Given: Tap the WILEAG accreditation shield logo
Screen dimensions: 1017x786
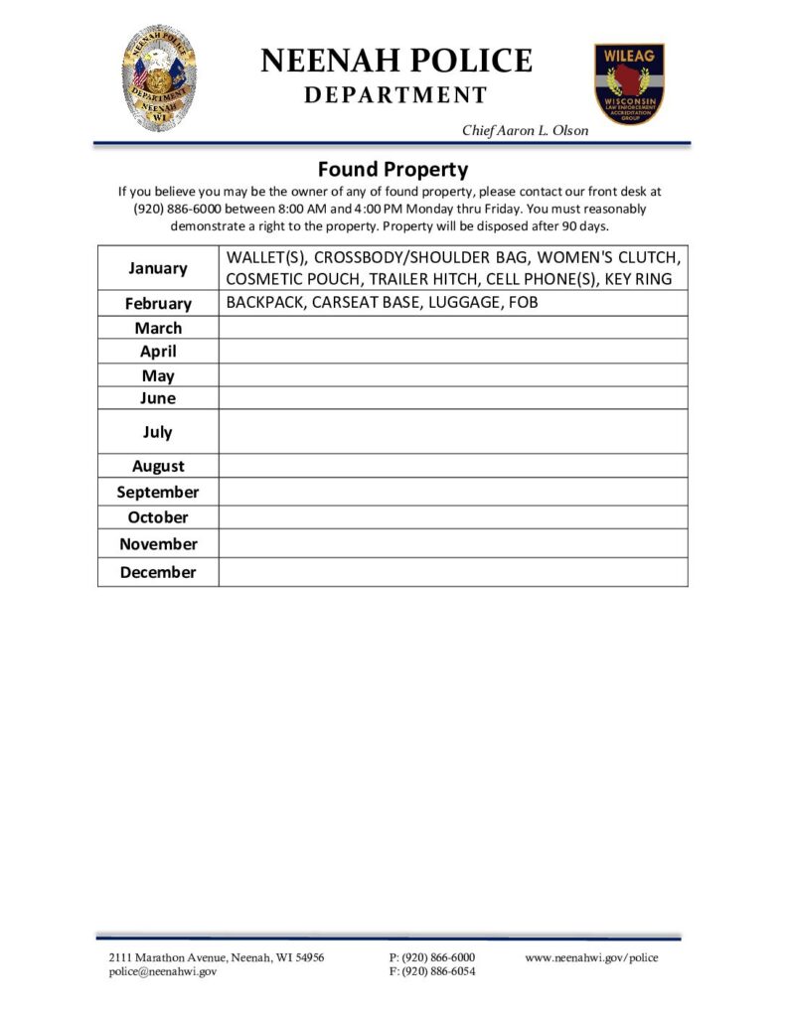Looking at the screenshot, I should pos(629,83).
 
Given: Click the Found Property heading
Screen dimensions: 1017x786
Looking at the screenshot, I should pos(393,169).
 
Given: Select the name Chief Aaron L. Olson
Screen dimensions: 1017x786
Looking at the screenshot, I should pos(525,131).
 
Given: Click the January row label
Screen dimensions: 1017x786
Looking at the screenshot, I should pos(158,268).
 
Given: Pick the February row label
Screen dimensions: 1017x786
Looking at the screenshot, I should pos(158,304).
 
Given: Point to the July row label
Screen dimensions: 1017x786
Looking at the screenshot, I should pos(158,432).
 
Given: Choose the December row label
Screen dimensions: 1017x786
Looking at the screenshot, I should pos(158,572).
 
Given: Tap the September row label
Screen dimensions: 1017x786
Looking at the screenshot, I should pos(158,493).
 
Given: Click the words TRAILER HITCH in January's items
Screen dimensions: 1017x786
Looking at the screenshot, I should pos(426,279).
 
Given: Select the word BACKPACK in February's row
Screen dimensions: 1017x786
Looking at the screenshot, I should pos(264,302).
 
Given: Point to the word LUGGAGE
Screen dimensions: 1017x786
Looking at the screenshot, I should pos(463,302).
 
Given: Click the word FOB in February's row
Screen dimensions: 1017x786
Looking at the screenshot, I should pos(523,302).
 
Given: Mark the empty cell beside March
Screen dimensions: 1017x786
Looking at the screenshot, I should pos(452,328).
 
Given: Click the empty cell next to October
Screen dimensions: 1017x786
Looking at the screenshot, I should pos(452,517).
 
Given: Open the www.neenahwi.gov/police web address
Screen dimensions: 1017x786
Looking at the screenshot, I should pos(591,957).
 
